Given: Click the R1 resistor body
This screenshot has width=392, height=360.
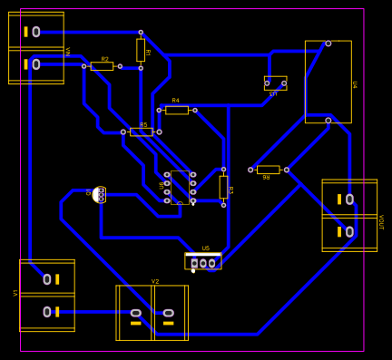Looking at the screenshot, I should coord(141,49).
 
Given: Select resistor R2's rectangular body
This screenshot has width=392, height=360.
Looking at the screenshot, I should coord(102,66).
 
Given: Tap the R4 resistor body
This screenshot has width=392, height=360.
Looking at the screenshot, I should coord(177,110).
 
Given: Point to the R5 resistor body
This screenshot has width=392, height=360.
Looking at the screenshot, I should coord(142,131).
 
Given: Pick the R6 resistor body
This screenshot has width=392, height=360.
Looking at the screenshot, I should coord(268,170).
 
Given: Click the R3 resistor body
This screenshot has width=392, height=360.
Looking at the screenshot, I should coord(223,187).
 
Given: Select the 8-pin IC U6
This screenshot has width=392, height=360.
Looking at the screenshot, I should coord(180,188).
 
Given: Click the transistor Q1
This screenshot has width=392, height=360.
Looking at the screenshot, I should coord(99,194).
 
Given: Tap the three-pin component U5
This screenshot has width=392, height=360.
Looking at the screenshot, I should coord(203,262).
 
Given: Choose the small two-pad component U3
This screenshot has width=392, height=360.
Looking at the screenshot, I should coord(275,83).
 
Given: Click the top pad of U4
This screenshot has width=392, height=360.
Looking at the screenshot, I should coord(328,43).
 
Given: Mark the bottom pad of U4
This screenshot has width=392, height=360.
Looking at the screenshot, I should coord(328,120).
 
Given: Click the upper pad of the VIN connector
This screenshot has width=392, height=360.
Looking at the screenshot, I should coord(36,32).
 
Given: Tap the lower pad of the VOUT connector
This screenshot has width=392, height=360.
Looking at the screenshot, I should coord(349,232).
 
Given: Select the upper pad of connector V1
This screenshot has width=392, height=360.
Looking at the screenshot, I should coord(56,278).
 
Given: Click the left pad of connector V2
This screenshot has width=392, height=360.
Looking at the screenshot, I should coord(136,313).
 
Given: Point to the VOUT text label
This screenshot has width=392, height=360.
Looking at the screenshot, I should coord(381,223).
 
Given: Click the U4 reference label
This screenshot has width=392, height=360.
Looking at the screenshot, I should coord(355,85).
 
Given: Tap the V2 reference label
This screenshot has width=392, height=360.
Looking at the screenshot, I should coord(155,281).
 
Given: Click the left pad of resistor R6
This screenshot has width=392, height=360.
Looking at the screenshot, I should coord(250,170).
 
